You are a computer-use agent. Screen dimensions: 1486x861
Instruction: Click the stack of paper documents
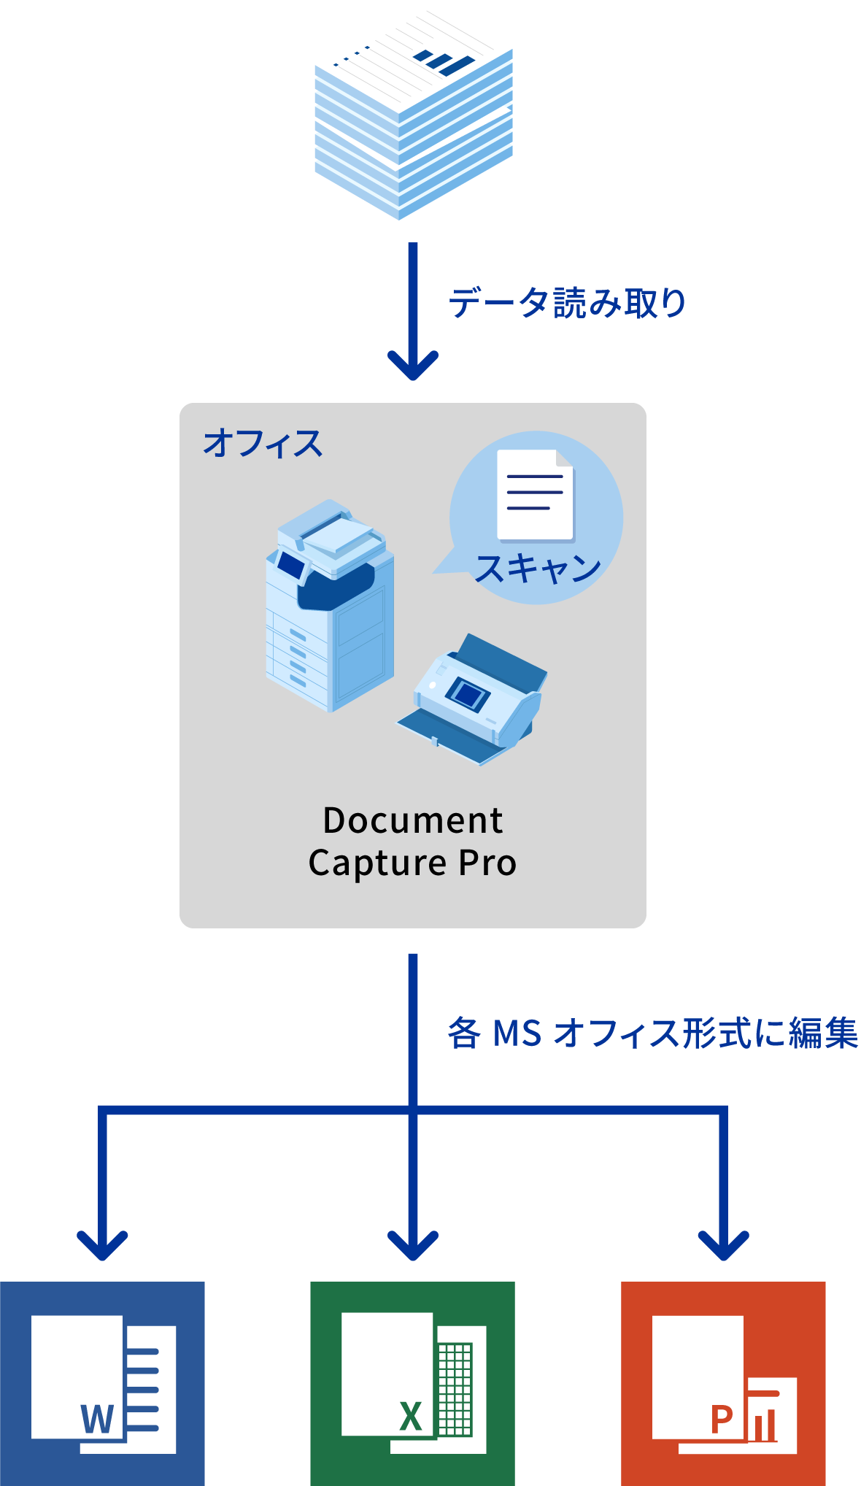coord(413,109)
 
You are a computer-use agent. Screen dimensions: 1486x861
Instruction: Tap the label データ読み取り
coord(567,303)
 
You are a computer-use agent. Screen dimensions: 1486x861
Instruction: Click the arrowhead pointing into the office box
coord(413,365)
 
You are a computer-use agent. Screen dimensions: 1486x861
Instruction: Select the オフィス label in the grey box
coord(263,444)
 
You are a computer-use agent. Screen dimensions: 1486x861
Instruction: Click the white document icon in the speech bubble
coord(535,495)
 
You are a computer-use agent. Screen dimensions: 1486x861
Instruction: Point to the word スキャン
coord(538,568)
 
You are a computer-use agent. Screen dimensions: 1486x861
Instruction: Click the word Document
coord(413,820)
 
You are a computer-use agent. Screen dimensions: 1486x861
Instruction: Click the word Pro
coord(487,863)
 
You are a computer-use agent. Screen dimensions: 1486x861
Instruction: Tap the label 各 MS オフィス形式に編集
coord(652,1033)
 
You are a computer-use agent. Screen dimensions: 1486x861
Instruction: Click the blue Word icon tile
coord(102,1383)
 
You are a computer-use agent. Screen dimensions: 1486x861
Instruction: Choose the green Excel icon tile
coord(412,1383)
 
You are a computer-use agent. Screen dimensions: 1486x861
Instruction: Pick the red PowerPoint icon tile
coord(723,1383)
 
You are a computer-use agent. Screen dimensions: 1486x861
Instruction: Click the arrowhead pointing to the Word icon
coord(103,1245)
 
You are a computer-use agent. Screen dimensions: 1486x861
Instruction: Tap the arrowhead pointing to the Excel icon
coord(413,1245)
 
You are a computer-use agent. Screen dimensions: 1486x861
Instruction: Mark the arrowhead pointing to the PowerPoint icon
coord(723,1245)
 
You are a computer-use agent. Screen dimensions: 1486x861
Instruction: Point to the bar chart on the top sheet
coord(444,62)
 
